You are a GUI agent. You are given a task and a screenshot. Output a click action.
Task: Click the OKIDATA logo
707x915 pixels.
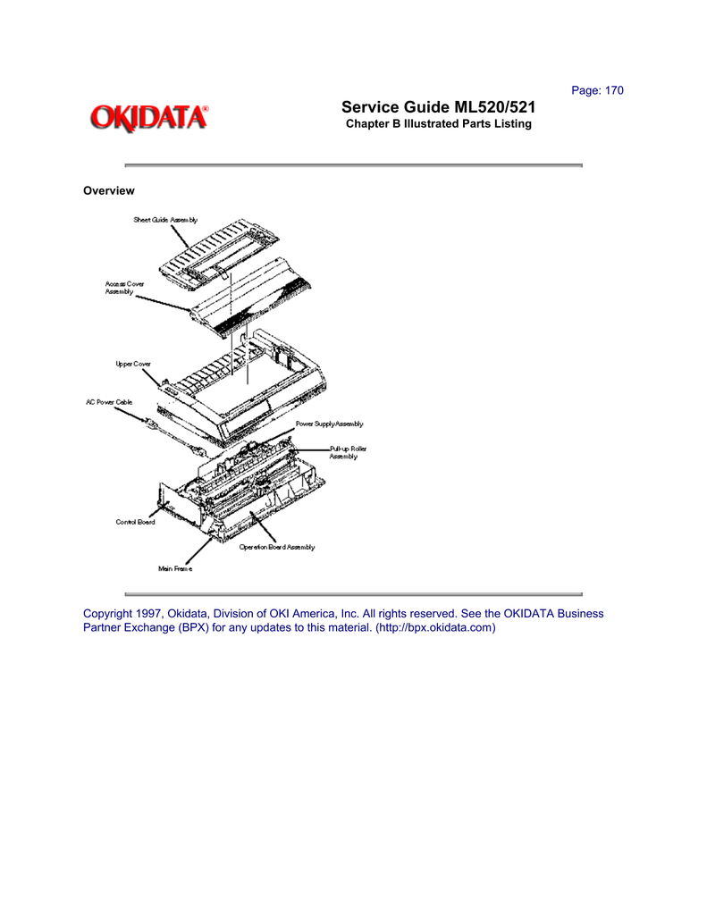coord(148,118)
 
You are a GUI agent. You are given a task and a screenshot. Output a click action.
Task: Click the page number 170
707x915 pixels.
coord(612,90)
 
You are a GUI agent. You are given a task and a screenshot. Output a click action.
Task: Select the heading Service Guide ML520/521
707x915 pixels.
coord(439,108)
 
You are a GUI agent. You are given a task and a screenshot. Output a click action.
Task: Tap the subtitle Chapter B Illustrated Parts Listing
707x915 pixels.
coord(439,124)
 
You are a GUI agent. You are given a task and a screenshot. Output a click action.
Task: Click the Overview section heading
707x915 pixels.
coord(108,190)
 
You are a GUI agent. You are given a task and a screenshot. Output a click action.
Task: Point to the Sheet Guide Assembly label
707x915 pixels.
coord(165,220)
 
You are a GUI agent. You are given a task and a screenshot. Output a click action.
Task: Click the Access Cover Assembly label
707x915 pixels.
coord(124,288)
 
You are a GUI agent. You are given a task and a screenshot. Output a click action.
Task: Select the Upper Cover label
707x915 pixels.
coord(133,364)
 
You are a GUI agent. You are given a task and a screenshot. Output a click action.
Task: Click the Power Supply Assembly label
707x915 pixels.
coord(329,424)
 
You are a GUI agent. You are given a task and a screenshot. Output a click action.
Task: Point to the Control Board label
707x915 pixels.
coord(135,522)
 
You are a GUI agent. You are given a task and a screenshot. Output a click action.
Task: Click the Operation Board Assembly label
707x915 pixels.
coord(276,547)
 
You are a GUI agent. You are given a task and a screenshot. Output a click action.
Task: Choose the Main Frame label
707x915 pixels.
coord(175,569)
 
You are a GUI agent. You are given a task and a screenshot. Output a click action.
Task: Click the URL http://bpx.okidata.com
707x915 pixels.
coord(435,628)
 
